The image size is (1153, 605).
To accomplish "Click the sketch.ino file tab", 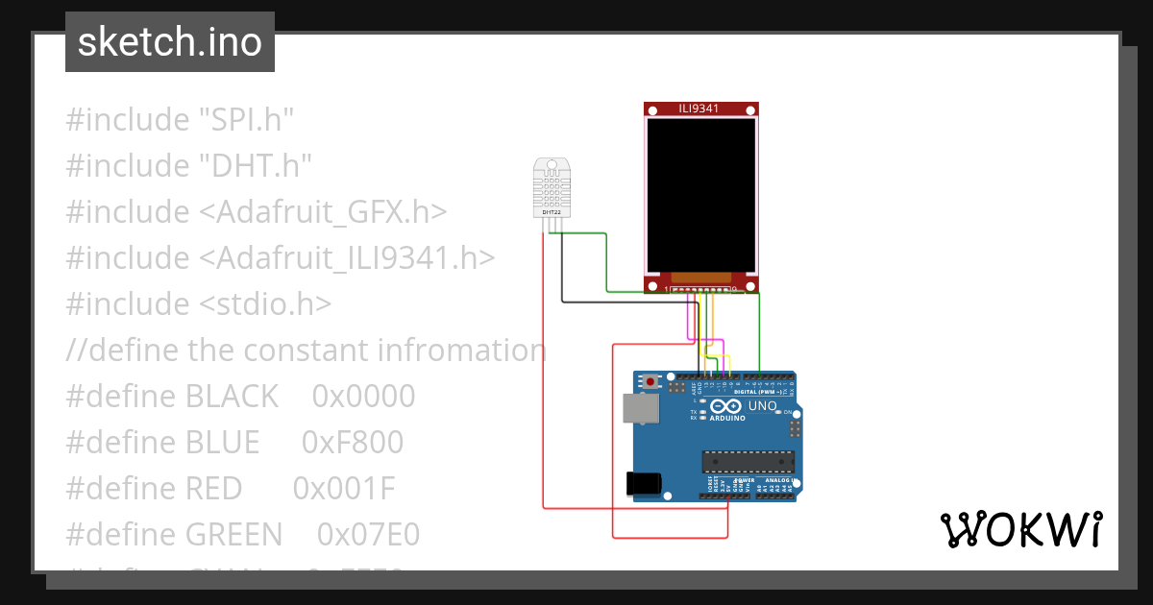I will point(170,42).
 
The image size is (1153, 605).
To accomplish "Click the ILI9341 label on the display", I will point(700,109).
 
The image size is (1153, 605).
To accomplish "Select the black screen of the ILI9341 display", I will point(700,195).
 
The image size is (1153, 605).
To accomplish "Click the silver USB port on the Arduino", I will point(640,408).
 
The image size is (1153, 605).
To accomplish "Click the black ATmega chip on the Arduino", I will point(748,463).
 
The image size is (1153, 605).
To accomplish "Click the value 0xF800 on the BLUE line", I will point(352,443).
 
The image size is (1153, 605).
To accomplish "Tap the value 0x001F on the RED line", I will point(344,489).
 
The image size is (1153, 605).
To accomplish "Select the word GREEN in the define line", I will point(233,535).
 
